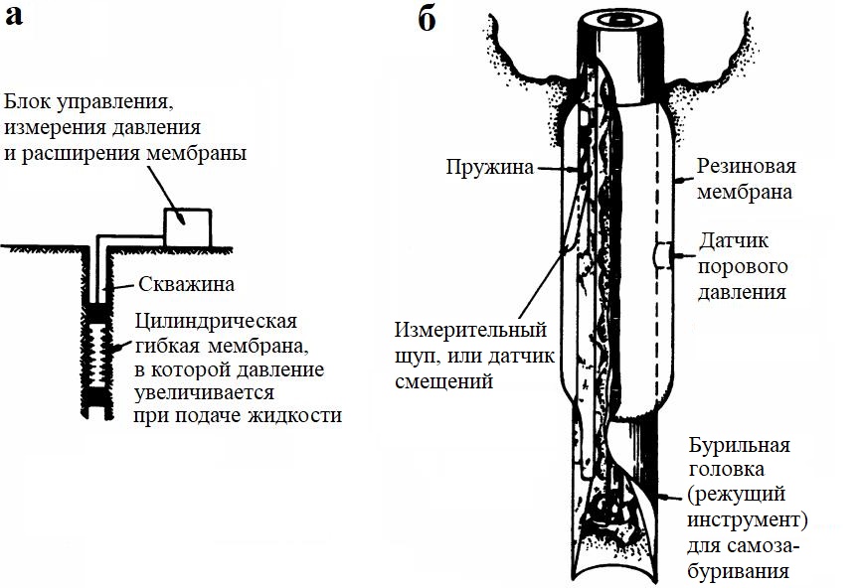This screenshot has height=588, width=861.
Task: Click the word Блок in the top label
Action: click(31, 102)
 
